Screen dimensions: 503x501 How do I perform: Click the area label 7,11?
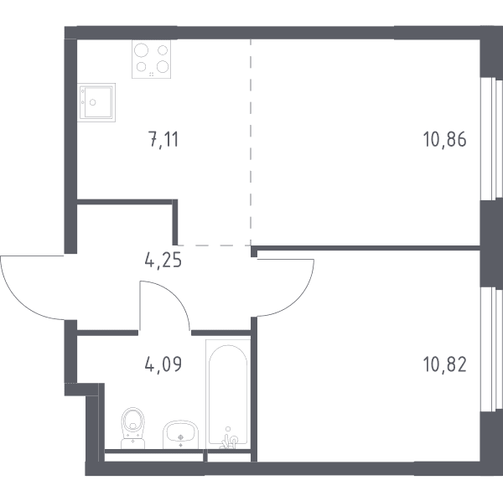coord(163,140)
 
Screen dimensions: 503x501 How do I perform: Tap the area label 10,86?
coord(444,140)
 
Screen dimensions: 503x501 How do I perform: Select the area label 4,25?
coord(163,260)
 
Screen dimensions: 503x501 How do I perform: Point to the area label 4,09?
coord(163,364)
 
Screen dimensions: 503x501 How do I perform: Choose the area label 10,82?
coord(445,364)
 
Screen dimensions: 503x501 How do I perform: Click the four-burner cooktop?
coord(151,59)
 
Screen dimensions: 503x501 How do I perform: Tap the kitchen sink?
coord(96,102)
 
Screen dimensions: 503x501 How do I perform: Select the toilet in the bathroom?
coord(132,428)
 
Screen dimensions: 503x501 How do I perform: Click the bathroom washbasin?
coord(180,435)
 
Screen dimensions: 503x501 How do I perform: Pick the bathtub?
coord(228,394)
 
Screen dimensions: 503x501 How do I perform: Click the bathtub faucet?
coord(229,440)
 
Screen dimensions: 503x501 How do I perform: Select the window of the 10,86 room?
coord(491,139)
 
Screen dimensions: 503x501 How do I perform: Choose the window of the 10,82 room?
coord(491,349)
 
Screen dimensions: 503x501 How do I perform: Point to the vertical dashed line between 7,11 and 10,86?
coord(251,142)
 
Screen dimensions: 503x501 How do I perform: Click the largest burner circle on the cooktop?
coord(141,50)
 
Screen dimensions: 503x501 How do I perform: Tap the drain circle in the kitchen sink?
coord(93,102)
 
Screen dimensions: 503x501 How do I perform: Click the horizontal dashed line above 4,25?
coord(214,245)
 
